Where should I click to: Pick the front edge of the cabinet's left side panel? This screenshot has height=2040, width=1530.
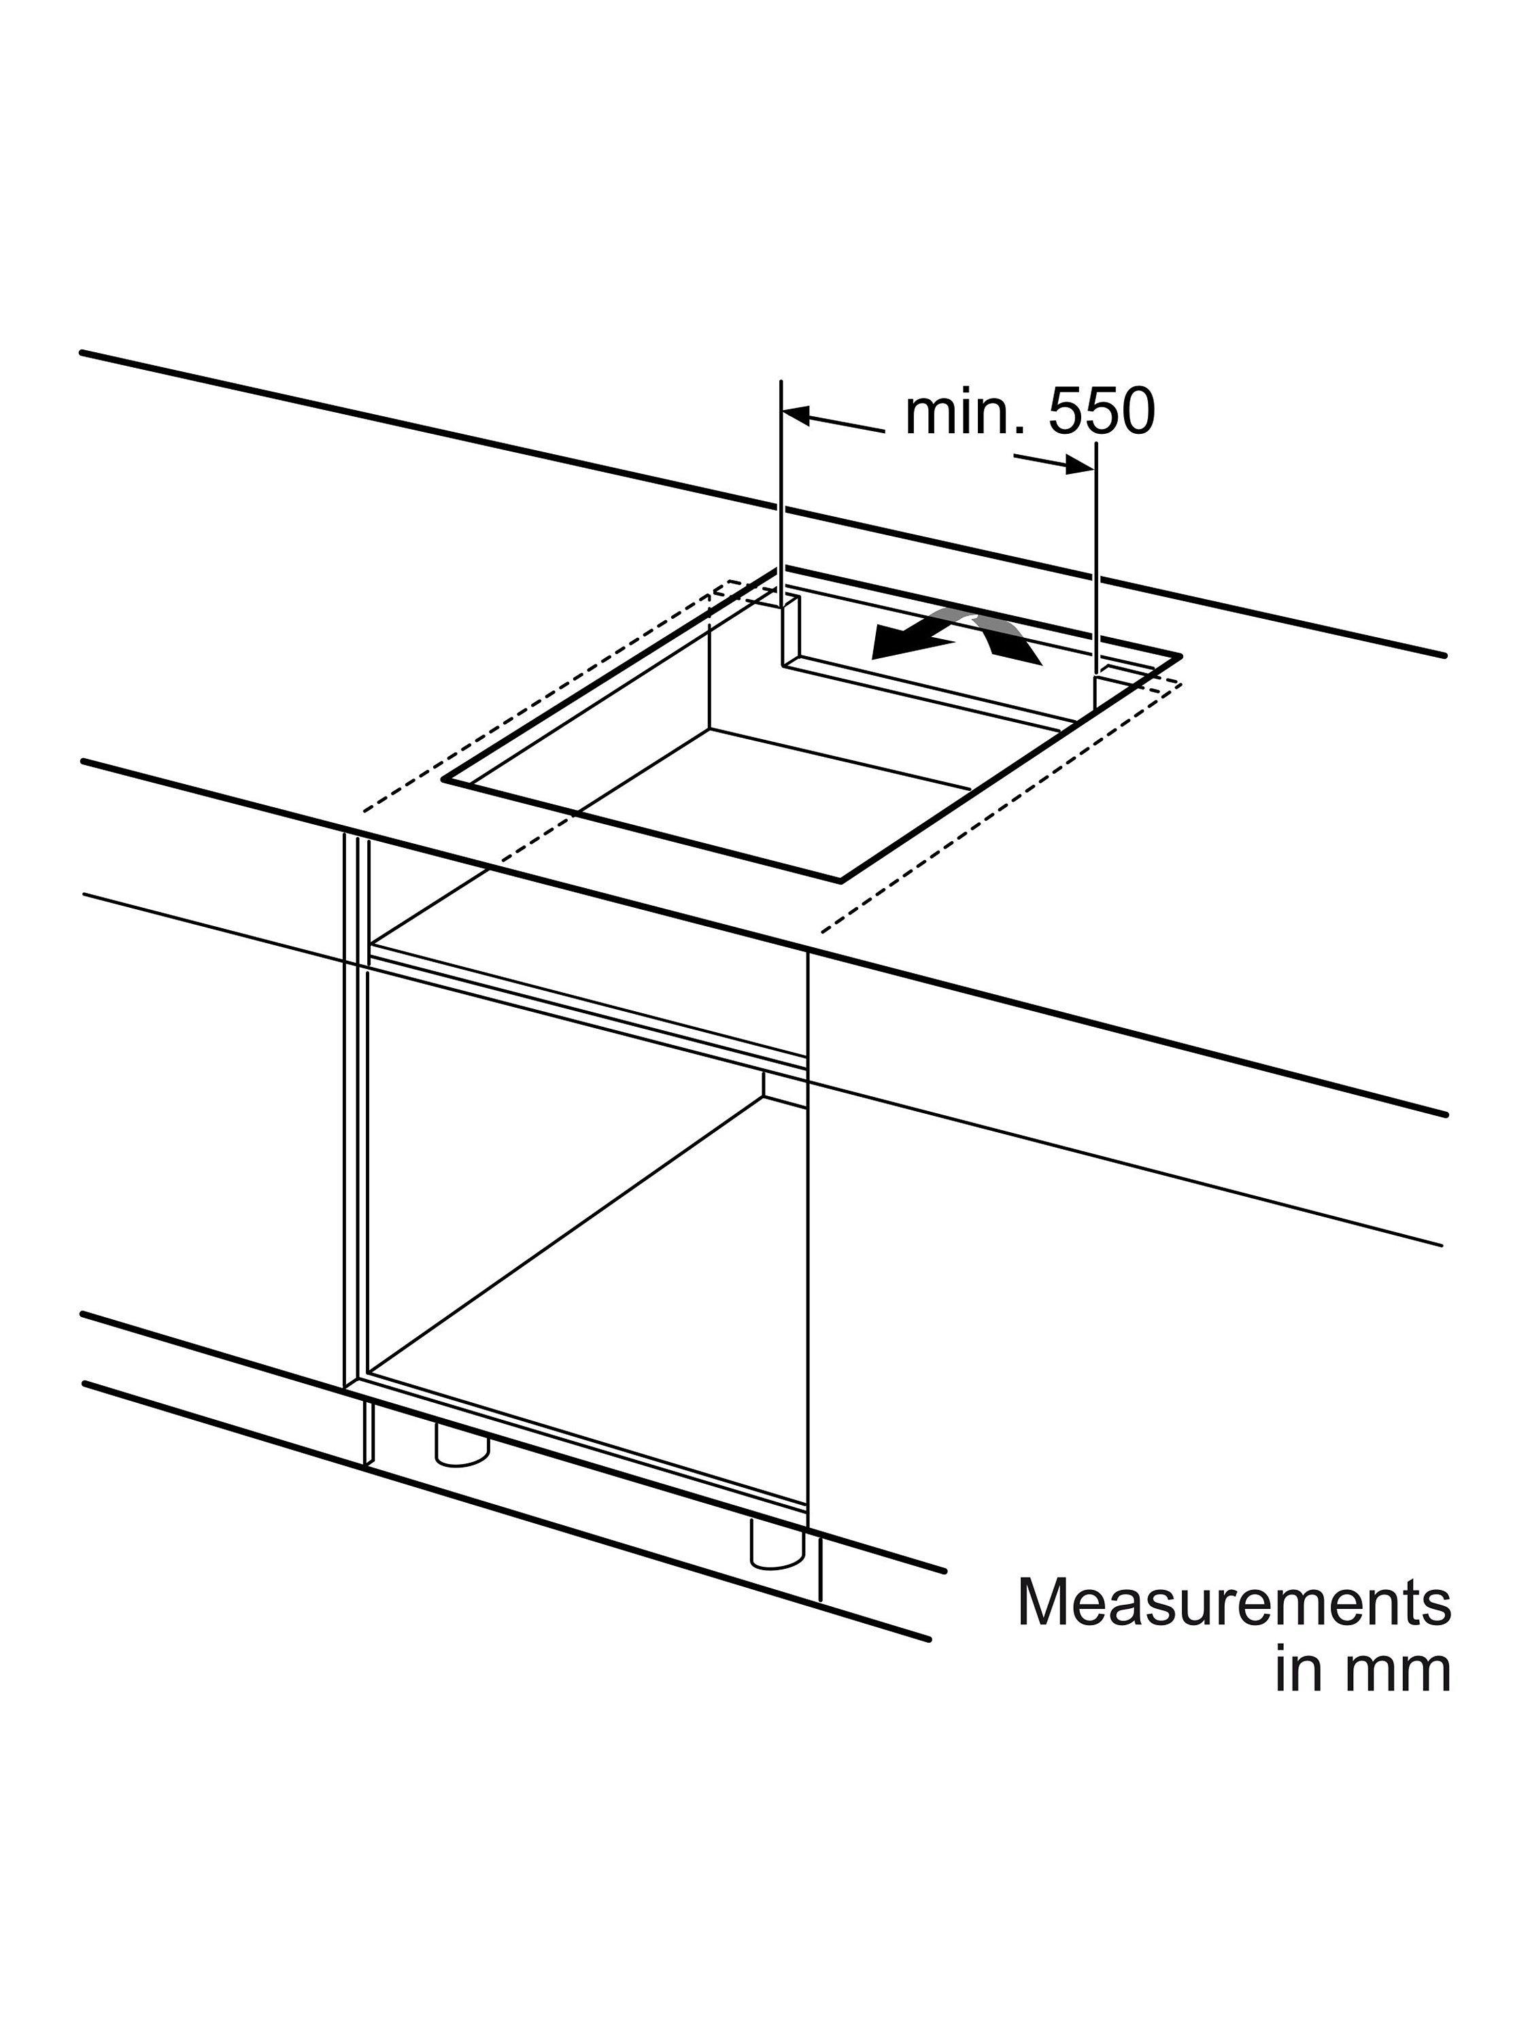(356, 1110)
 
